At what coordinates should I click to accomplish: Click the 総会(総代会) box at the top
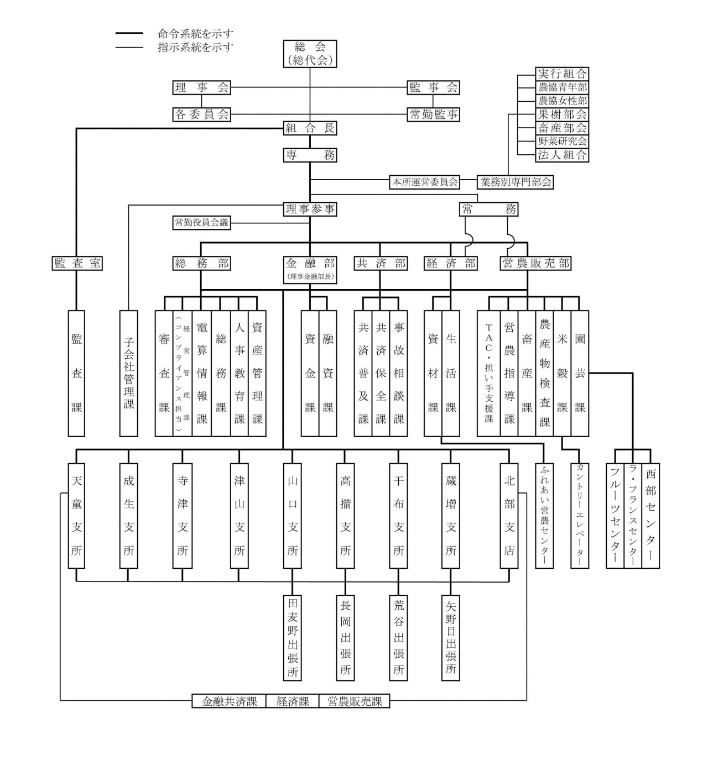point(310,54)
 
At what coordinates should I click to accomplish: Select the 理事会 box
point(201,87)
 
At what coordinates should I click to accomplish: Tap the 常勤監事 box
point(433,114)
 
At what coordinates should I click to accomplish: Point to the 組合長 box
point(310,128)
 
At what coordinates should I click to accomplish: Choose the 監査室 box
point(77,263)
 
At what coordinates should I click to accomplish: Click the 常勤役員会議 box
point(201,223)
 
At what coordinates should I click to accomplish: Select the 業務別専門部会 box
point(516,182)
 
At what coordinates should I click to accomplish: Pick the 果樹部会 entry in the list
point(562,114)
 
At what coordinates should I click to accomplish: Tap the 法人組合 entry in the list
point(562,155)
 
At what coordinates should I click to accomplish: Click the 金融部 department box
point(310,268)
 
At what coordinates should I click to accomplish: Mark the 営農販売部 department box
point(535,263)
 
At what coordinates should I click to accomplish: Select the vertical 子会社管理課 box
point(129,373)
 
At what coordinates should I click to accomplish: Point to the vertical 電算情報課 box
point(202,373)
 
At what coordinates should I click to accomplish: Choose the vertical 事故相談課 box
point(399,373)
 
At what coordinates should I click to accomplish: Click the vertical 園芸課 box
point(580,373)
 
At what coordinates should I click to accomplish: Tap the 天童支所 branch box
point(76,515)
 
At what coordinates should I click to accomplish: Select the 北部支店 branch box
point(509,515)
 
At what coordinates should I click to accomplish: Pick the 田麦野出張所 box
point(292,637)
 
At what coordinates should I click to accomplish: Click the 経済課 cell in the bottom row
point(293,701)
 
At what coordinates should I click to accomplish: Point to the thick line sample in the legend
point(129,34)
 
